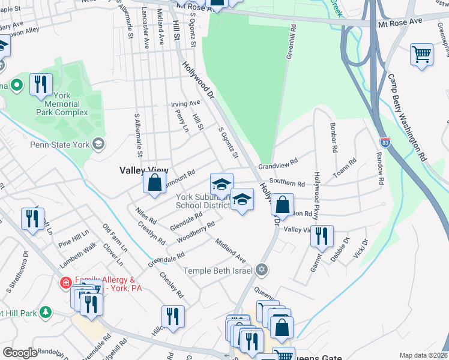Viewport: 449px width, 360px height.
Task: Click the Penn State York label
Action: [60, 144]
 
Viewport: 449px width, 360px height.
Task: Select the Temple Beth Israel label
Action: [219, 271]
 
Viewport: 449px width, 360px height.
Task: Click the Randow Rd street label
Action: [380, 163]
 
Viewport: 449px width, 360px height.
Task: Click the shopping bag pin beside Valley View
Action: [155, 182]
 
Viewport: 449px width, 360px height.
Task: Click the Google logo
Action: [20, 353]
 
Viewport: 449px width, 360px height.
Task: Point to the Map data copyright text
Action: [423, 355]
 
